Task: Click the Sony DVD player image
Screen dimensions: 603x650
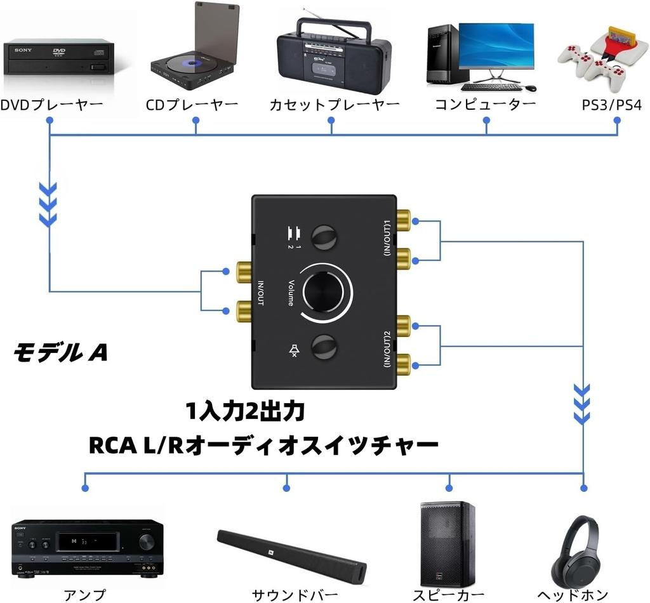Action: pos(59,58)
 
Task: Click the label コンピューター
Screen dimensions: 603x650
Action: pos(486,104)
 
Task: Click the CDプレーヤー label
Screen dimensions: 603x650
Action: pos(192,104)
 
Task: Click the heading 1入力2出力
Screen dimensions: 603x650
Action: pos(246,412)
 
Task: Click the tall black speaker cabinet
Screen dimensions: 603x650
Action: pos(447,544)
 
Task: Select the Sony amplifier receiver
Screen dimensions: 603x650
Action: pos(88,547)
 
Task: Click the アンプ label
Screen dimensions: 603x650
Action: pos(84,595)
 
